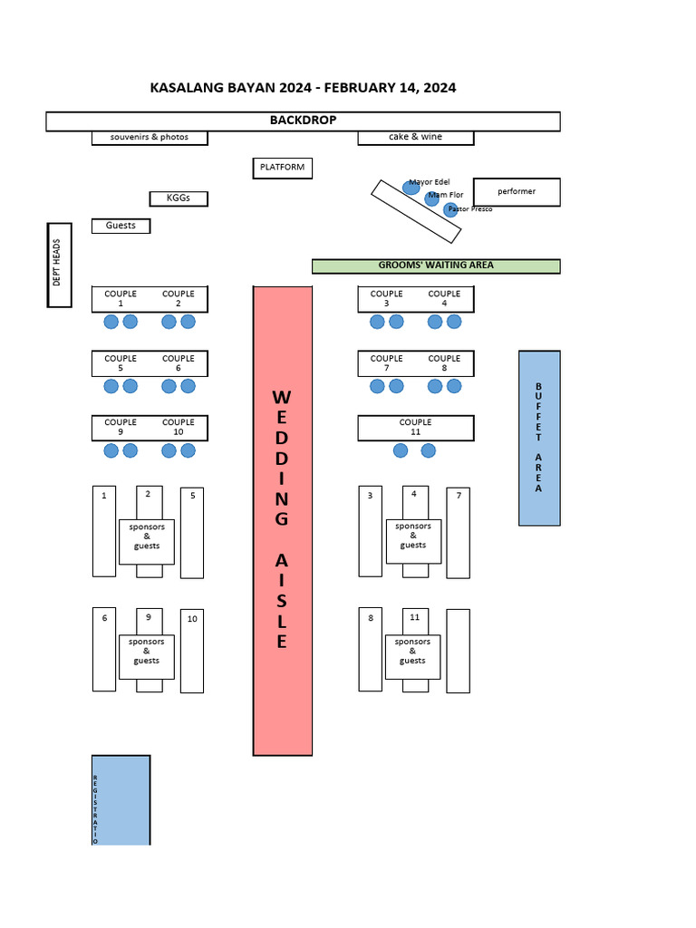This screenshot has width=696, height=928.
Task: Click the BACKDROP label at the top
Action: [x=303, y=121]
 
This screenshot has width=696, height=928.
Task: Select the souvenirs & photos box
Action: [x=150, y=138]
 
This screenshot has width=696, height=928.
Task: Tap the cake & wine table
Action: [x=415, y=138]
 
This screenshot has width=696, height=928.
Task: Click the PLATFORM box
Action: [x=283, y=168]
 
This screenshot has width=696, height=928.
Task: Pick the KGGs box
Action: [x=179, y=198]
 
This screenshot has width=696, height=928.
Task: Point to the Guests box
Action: [x=121, y=226]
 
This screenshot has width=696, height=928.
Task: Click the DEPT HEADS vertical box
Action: [x=59, y=265]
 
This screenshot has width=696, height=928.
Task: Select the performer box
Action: [x=517, y=192]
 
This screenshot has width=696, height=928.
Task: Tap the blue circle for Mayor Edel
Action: [x=411, y=188]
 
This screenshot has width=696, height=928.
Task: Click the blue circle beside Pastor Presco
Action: [x=450, y=210]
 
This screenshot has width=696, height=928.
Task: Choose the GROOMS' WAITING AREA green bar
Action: [x=436, y=266]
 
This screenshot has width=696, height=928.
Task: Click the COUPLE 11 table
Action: [x=416, y=428]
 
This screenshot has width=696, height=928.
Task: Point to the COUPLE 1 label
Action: [x=121, y=298]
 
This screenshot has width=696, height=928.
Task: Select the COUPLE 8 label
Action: [x=444, y=362]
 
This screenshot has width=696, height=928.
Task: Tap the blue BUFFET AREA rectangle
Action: [x=539, y=438]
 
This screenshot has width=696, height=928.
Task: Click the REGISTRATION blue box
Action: [x=121, y=799]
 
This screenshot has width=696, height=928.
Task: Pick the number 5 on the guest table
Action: [x=192, y=496]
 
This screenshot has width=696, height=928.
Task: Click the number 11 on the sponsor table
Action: [x=415, y=617]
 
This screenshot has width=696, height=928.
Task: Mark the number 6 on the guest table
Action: [x=104, y=618]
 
